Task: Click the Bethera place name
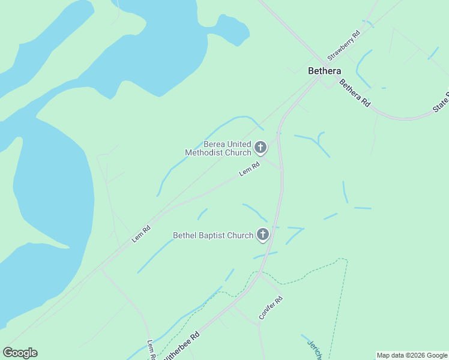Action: [324, 71]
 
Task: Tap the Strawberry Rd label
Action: [343, 46]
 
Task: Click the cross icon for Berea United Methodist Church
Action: [261, 147]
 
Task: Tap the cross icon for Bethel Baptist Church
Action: [262, 235]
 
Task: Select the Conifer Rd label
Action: [270, 307]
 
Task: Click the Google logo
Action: [20, 353]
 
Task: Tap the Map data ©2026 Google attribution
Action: [412, 355]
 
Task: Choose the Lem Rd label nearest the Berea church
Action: [249, 169]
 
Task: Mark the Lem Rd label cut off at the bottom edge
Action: [152, 350]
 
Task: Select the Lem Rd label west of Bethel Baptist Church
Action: [140, 234]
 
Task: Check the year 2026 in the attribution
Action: [418, 355]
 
